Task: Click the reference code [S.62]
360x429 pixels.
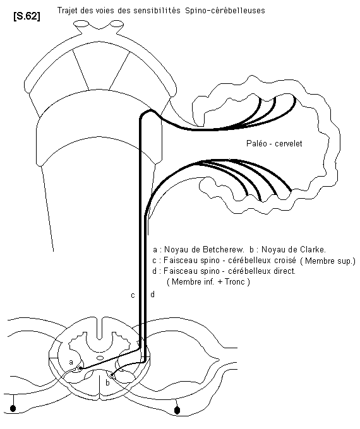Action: (27, 16)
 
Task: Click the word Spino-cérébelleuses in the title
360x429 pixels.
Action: (225, 10)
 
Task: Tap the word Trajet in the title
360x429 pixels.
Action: (66, 10)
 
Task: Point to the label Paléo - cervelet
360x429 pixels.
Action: (274, 143)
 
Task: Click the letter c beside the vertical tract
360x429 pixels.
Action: (133, 295)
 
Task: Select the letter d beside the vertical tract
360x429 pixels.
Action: (153, 294)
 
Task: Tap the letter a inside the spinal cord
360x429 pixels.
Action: (71, 362)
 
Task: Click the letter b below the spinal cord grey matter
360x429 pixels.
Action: (107, 382)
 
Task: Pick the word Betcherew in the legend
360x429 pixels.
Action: (223, 249)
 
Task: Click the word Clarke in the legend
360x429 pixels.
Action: (312, 249)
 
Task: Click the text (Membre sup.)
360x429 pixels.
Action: (327, 261)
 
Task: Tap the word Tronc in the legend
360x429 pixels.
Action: (235, 281)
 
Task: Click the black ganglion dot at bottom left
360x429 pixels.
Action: (13, 408)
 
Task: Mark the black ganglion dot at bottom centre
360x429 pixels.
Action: (177, 410)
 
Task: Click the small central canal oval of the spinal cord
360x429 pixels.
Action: (100, 358)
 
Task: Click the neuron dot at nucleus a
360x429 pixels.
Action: (80, 368)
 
